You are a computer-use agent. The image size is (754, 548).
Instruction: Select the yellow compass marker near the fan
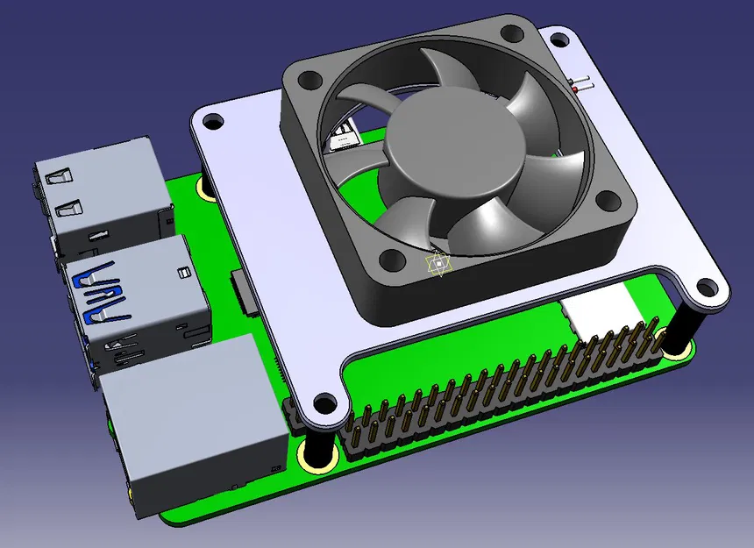pos(437,265)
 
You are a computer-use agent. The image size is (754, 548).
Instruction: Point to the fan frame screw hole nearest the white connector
pos(606,201)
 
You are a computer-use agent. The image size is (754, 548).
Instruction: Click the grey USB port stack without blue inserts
pos(101,200)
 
